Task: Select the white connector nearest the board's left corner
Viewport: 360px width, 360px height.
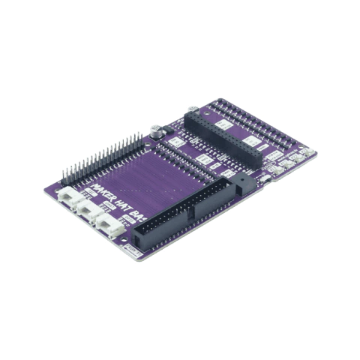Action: pos(68,199)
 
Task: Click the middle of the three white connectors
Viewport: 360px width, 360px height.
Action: pos(91,211)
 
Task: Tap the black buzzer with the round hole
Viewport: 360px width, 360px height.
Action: pos(241,183)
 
